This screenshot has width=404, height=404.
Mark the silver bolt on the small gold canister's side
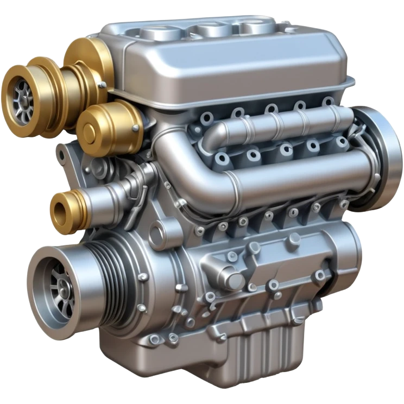point(135,129)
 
